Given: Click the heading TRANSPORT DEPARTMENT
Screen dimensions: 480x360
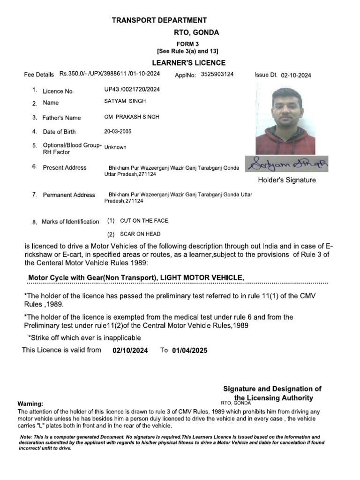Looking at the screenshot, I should coord(159,20).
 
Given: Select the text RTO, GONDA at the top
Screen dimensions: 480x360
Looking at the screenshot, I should coord(196,33).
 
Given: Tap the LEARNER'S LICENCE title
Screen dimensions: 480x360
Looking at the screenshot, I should coord(189,63).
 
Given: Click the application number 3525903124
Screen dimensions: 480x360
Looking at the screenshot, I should coord(217,74).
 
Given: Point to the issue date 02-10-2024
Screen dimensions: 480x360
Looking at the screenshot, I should coord(296,75).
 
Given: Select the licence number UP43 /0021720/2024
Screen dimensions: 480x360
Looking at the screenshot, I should coord(132,89).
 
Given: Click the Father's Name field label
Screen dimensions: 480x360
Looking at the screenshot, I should coord(61,118).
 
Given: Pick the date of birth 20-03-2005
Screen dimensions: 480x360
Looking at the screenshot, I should coord(121,132).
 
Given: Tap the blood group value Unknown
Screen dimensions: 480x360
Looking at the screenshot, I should coord(115,147).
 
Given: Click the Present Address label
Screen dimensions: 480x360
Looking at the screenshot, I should coord(65,168).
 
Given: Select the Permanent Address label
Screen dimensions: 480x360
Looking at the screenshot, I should coord(69,195).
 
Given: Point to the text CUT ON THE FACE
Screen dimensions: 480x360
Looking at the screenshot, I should coord(144,221).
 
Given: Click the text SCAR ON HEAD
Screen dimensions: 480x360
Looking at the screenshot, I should coord(140,234).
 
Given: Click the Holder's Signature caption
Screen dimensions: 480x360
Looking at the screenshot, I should coord(287,180).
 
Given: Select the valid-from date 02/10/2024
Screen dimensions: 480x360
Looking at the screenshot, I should coord(130,351).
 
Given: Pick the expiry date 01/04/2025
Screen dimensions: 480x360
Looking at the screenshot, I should coord(189,351).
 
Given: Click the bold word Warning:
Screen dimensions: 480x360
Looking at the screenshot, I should coord(30,404).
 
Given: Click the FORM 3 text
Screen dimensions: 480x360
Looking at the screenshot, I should coord(187,44).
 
